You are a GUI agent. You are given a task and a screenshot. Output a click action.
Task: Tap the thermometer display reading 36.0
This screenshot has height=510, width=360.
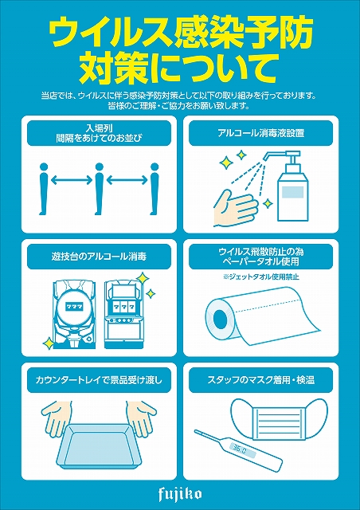(x=239, y=450)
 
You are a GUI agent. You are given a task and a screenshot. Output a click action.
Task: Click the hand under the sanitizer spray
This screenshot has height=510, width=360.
(x=235, y=207)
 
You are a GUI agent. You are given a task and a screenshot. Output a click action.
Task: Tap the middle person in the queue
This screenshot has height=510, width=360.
(x=100, y=188)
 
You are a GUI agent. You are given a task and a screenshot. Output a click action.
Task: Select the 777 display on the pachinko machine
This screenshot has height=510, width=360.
(x=75, y=306)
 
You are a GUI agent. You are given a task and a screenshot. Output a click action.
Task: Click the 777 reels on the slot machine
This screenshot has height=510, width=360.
(x=123, y=307)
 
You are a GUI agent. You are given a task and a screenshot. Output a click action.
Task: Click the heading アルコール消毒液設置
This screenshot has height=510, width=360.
(x=261, y=133)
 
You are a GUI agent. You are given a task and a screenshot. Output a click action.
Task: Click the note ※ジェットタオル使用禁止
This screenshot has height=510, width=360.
(x=260, y=277)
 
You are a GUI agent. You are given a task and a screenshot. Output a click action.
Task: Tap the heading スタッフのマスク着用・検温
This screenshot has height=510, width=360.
(x=261, y=379)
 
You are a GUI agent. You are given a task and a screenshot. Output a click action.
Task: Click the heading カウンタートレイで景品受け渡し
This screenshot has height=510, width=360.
(x=100, y=379)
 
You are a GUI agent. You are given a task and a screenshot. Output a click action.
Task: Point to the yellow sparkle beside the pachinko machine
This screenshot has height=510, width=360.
(x=49, y=343)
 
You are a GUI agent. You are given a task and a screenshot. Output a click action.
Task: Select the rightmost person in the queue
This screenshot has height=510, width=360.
(x=155, y=188)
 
